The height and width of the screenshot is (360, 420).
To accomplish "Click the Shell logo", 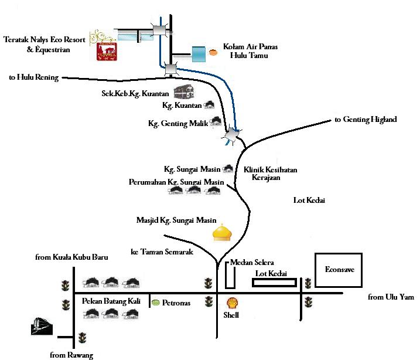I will point(233,303).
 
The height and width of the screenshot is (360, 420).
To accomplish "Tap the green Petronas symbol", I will point(155,303).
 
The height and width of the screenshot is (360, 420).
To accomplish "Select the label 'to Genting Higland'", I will point(366,120).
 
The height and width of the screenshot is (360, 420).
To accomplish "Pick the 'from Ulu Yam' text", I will point(391,297).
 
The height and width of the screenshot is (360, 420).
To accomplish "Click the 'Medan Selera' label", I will point(252,262).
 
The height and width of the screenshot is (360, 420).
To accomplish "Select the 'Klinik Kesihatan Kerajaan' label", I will point(270,173).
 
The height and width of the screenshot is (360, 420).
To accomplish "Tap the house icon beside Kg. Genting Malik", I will point(216,122).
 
